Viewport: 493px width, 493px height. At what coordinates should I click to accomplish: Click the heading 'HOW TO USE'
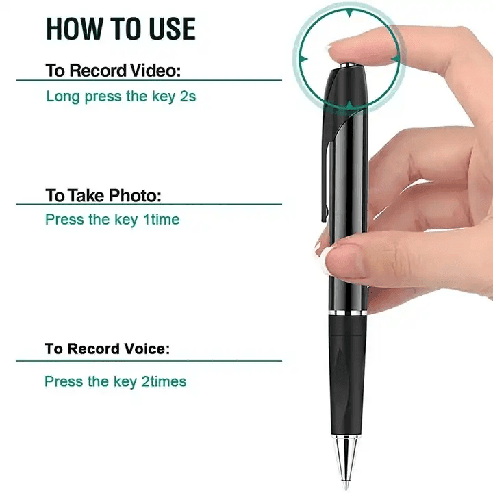tap(121, 29)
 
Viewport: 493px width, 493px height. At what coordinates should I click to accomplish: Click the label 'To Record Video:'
tap(113, 70)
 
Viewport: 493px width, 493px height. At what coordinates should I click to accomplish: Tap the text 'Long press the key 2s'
tap(121, 97)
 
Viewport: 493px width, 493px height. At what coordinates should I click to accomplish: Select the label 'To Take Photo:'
tap(103, 195)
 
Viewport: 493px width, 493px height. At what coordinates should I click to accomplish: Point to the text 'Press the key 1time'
tap(112, 220)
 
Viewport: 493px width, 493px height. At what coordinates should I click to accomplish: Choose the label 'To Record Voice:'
tap(107, 349)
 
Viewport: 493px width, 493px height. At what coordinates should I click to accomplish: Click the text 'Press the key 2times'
tap(116, 381)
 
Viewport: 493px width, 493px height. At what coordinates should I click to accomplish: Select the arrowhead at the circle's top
tap(349, 13)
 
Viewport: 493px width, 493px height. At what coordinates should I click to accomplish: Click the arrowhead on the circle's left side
tap(303, 59)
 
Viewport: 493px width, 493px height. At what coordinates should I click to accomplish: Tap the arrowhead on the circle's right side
tap(396, 59)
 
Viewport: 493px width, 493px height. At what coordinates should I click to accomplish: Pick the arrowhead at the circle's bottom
tap(349, 105)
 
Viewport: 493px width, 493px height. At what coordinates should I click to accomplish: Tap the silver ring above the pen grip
tap(347, 313)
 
